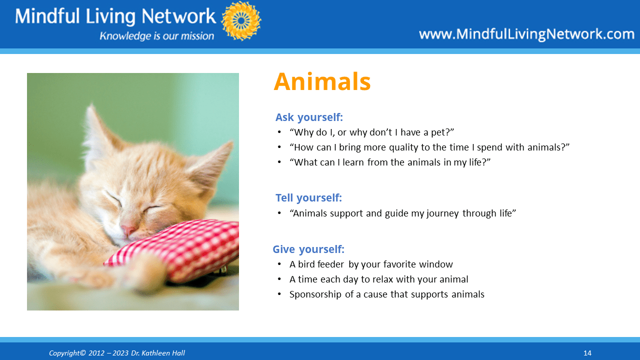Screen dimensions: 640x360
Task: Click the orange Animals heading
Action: pos(322,81)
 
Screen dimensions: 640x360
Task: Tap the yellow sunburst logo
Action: pos(241,21)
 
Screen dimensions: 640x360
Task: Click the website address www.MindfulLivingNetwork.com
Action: pos(526,34)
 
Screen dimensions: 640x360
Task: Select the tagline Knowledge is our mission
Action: pos(156,36)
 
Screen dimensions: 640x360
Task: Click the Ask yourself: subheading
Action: pos(309,117)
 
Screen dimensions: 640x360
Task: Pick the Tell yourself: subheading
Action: pos(308,197)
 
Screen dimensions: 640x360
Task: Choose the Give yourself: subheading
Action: pos(308,249)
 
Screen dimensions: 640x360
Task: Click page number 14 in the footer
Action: pos(587,353)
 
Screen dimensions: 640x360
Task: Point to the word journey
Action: pos(442,213)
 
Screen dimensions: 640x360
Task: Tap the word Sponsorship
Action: pos(315,294)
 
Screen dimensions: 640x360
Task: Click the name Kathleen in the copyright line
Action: pos(155,353)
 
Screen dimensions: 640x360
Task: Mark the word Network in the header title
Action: pos(178,16)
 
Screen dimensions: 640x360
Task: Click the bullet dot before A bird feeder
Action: pos(279,264)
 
